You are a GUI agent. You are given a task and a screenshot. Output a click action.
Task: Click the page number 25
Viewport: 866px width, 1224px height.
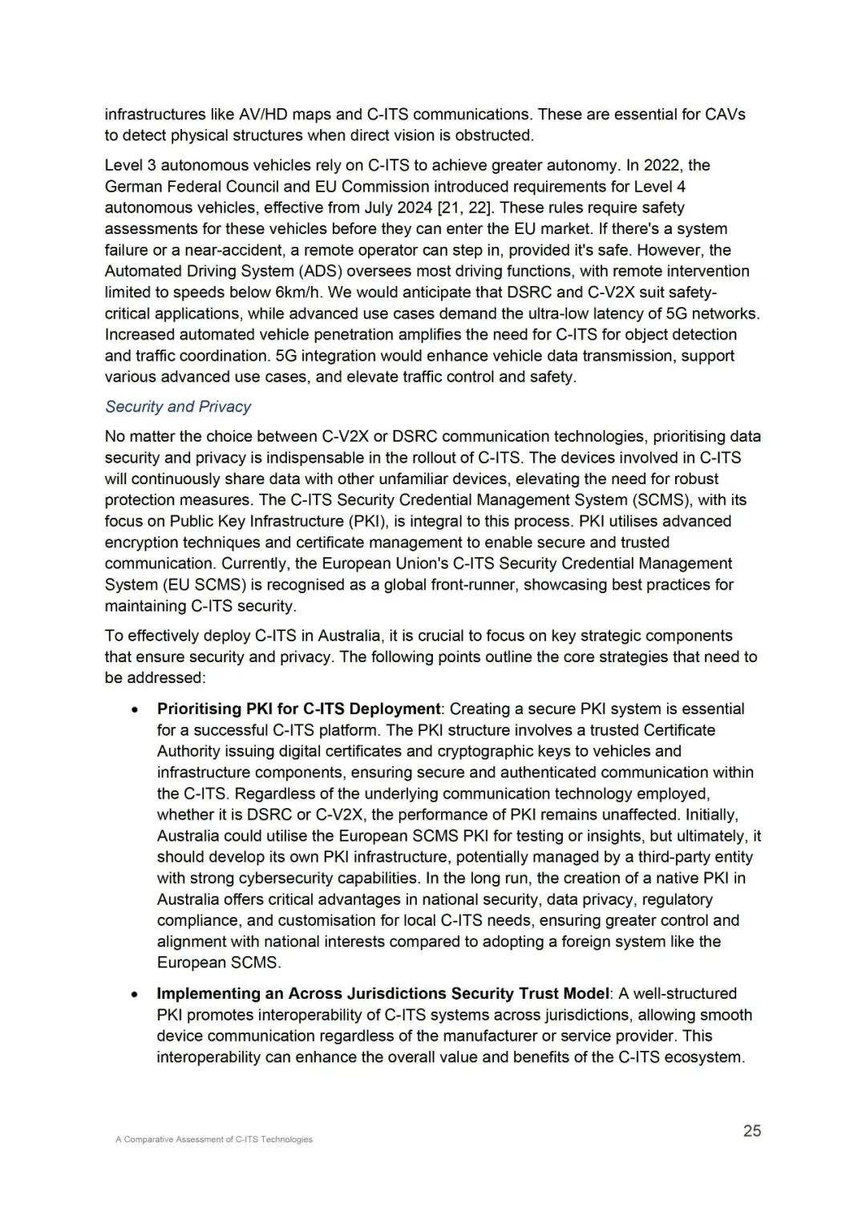751,1131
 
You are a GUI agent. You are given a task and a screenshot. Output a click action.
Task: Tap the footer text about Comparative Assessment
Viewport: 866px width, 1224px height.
213,1139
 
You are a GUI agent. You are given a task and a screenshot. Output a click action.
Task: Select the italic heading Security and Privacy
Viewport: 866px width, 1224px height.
178,406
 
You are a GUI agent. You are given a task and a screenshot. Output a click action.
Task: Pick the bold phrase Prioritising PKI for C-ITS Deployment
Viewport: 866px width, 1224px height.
298,709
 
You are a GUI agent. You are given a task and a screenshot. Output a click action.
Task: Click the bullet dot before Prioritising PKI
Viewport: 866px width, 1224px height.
138,709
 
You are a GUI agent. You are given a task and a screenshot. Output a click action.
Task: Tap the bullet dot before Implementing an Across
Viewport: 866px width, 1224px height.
138,994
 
